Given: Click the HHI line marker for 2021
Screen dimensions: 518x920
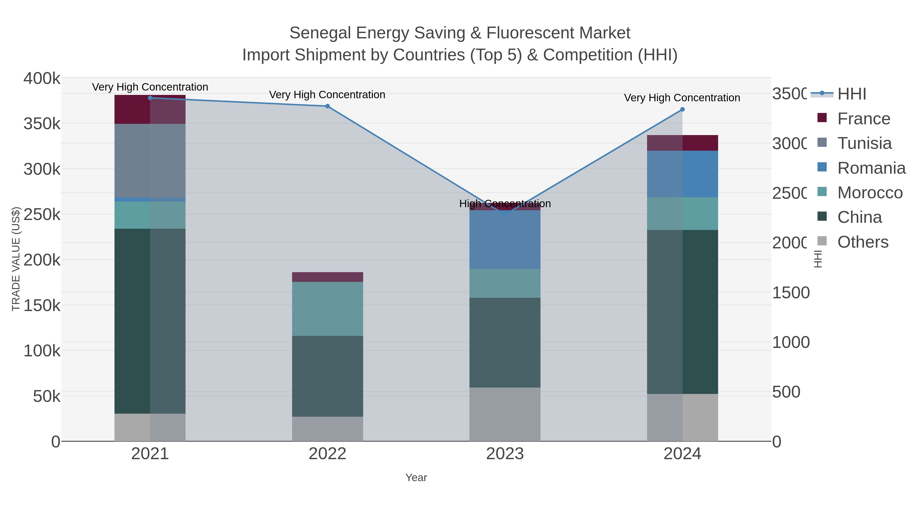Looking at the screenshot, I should pos(150,98).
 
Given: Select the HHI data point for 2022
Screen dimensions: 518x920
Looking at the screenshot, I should pos(328,106).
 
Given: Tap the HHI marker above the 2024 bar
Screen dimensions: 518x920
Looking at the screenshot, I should pos(682,109).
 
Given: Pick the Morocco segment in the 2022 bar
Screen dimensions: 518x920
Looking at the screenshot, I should pos(328,308).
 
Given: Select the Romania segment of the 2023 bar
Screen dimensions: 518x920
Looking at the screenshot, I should pos(505,239).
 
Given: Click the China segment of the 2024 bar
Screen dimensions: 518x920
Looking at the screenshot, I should pos(682,312).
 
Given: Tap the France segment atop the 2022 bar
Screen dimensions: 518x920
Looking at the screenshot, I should pos(328,277).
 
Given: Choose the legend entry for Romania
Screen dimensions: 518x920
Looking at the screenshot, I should pos(871,168).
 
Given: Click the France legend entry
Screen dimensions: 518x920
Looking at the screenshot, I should pos(864,119).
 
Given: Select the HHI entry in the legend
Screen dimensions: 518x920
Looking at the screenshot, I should pos(852,94).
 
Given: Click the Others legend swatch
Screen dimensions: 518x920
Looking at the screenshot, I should pos(822,241).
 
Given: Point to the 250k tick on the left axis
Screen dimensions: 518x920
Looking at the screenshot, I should pos(42,215).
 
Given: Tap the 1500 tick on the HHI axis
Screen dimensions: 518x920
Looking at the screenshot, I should pos(791,293).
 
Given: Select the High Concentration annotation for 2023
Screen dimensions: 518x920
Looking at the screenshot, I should pos(505,204).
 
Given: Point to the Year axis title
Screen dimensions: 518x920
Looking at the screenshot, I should pos(416,478).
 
